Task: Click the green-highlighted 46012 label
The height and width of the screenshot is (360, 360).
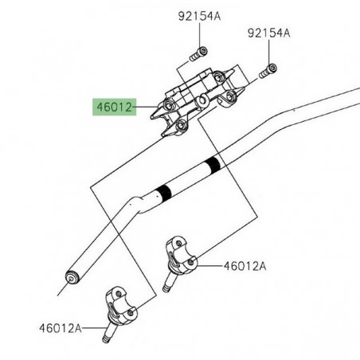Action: point(114,107)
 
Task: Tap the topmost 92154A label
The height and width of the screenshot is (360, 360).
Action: point(199,17)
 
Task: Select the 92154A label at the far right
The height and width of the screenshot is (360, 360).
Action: point(269,33)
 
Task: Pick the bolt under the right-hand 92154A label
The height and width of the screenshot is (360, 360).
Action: point(268,71)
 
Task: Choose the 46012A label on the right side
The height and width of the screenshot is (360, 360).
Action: point(245,266)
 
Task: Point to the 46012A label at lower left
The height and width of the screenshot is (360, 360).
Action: point(61,328)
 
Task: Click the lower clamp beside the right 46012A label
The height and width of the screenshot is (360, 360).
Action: point(182,256)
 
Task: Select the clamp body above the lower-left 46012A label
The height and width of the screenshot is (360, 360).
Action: point(121,306)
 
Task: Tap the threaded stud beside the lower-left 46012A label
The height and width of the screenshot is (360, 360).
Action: point(109,332)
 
